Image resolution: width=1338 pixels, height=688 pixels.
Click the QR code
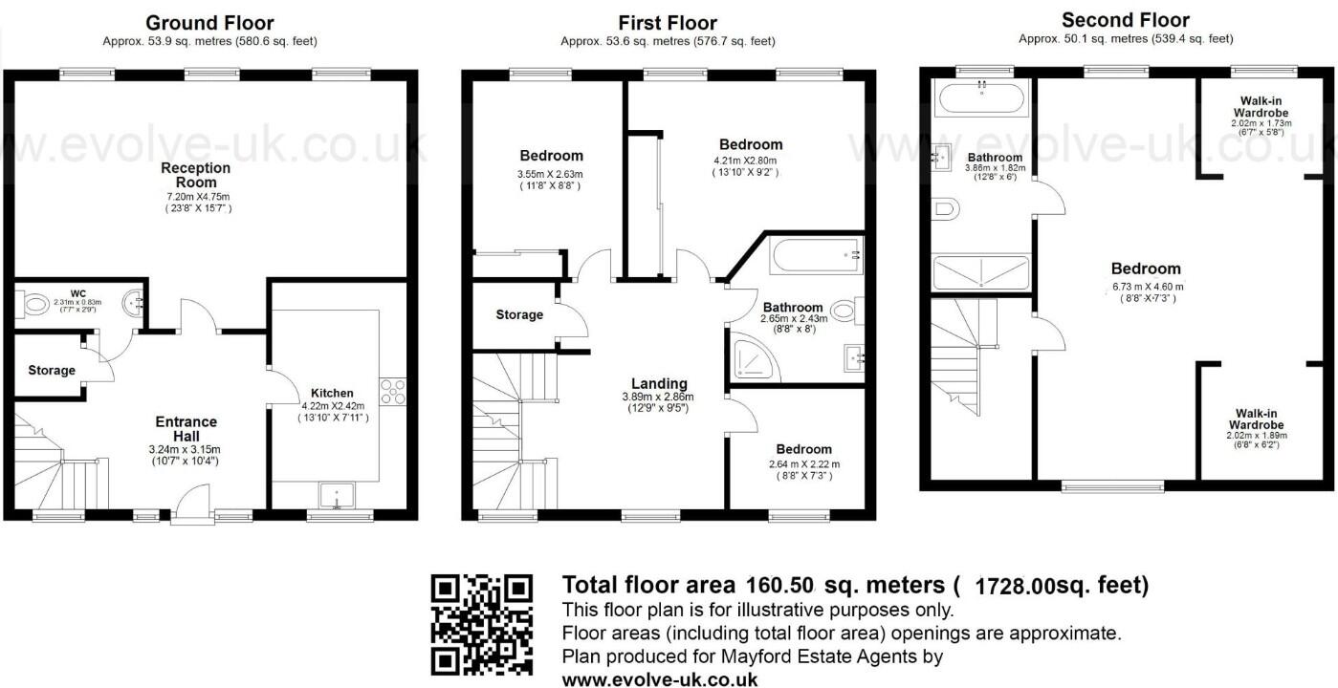[481, 624]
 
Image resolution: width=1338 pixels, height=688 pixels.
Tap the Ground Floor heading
[209, 23]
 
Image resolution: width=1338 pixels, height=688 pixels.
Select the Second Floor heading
[1125, 20]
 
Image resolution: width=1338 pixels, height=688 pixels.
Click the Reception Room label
[196, 175]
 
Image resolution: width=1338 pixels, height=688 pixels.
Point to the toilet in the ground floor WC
[33, 305]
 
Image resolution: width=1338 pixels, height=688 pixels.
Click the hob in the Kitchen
[393, 390]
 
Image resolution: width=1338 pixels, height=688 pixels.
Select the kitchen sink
[337, 494]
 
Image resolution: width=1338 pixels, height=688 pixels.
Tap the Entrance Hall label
[186, 429]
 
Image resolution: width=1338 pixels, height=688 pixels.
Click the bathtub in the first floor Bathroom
[816, 255]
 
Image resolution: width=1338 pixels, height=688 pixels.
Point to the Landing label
[659, 384]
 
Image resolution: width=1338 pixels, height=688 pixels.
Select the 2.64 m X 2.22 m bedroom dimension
[803, 464]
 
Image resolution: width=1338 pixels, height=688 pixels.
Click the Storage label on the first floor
[519, 314]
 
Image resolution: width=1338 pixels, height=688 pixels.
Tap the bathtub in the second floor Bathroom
[982, 97]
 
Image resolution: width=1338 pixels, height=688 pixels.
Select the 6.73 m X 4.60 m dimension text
[1147, 286]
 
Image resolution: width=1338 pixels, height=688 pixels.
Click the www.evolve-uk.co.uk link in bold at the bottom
[660, 679]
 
